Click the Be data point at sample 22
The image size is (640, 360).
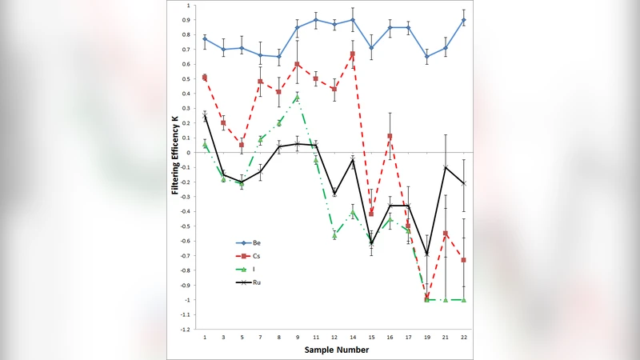464,20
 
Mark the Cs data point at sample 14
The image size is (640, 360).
353,54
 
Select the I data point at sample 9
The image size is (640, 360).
297,97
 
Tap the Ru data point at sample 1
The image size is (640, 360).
205,117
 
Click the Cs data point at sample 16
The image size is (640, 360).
390,136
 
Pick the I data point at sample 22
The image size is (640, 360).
464,300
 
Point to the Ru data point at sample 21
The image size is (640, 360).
446,167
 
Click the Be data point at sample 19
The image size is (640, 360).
427,57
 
